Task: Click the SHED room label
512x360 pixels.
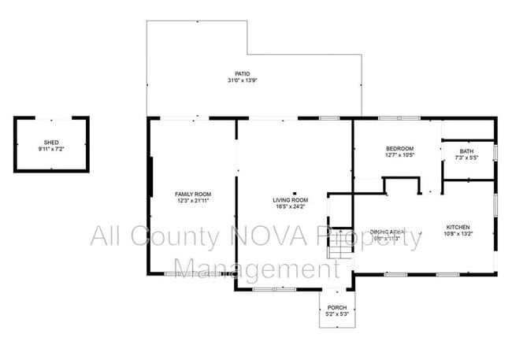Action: coord(51,143)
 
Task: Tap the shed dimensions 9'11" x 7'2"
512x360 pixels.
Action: coord(51,149)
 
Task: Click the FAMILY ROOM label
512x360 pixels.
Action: coord(193,194)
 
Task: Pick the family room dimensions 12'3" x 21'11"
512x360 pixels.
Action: coord(193,201)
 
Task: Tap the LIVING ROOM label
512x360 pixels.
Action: coord(290,200)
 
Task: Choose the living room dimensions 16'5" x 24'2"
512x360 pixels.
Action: coord(290,207)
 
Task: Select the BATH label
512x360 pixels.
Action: coord(467,151)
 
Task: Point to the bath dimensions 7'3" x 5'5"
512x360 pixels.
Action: coord(467,158)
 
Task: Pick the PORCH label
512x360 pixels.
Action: coord(336,307)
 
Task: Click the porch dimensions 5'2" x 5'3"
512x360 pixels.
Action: coord(336,314)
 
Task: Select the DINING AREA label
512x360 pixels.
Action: coord(386,232)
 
